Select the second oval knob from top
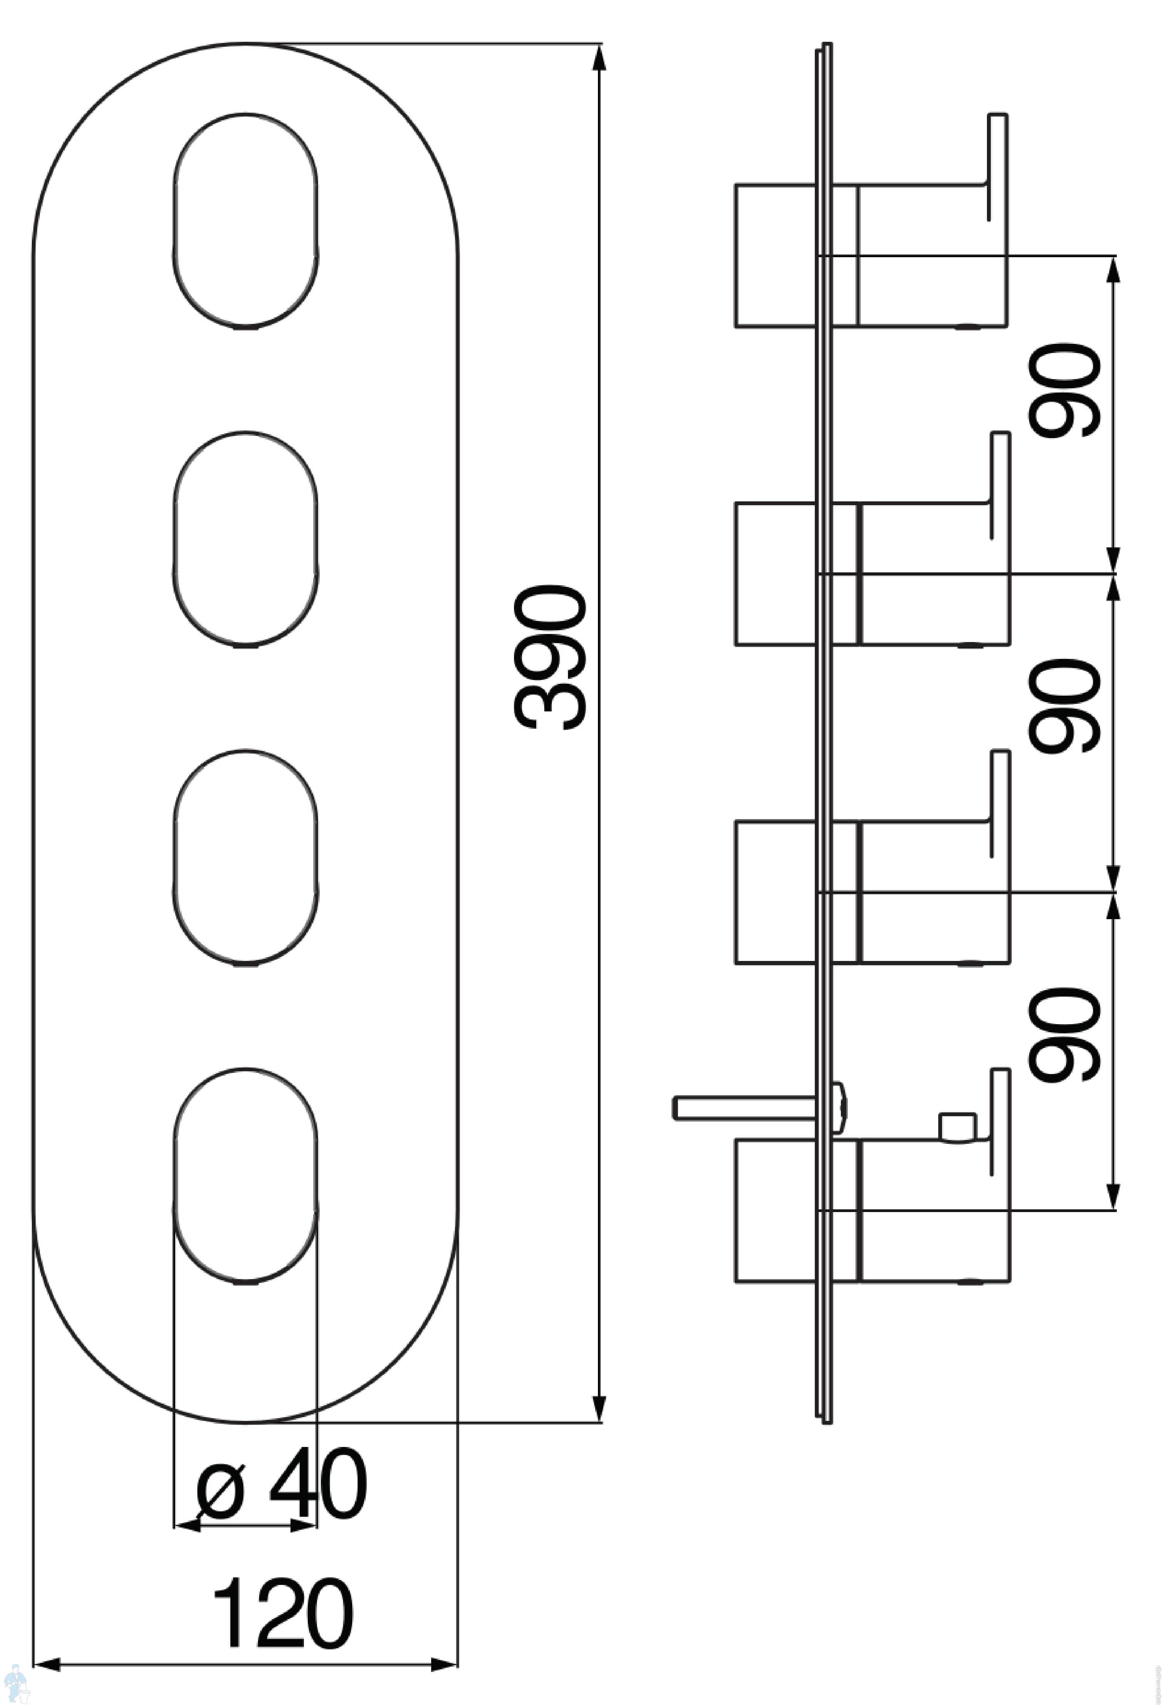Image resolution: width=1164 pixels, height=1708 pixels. pos(246,539)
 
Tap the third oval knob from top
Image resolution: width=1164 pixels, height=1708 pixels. pos(246,857)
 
